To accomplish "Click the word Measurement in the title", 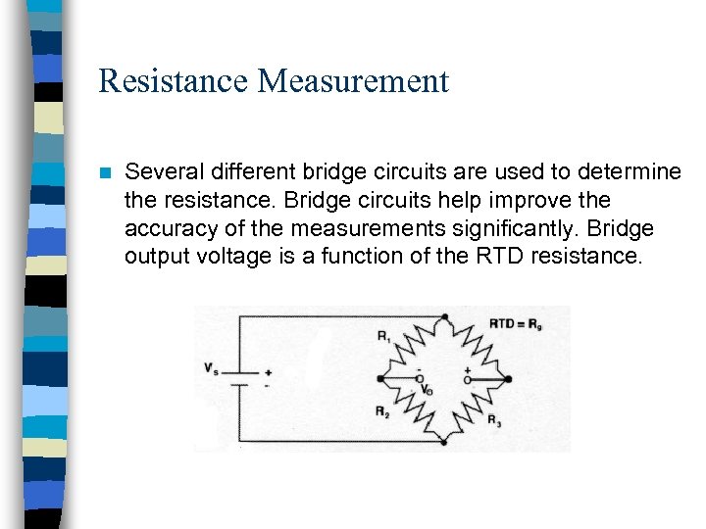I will [x=353, y=81].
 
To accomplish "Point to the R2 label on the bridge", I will [x=380, y=411].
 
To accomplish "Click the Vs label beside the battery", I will [x=211, y=368].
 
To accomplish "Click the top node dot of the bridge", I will [x=445, y=316].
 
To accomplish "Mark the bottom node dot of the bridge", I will [x=445, y=442].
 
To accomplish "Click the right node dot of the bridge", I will [x=508, y=378].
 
